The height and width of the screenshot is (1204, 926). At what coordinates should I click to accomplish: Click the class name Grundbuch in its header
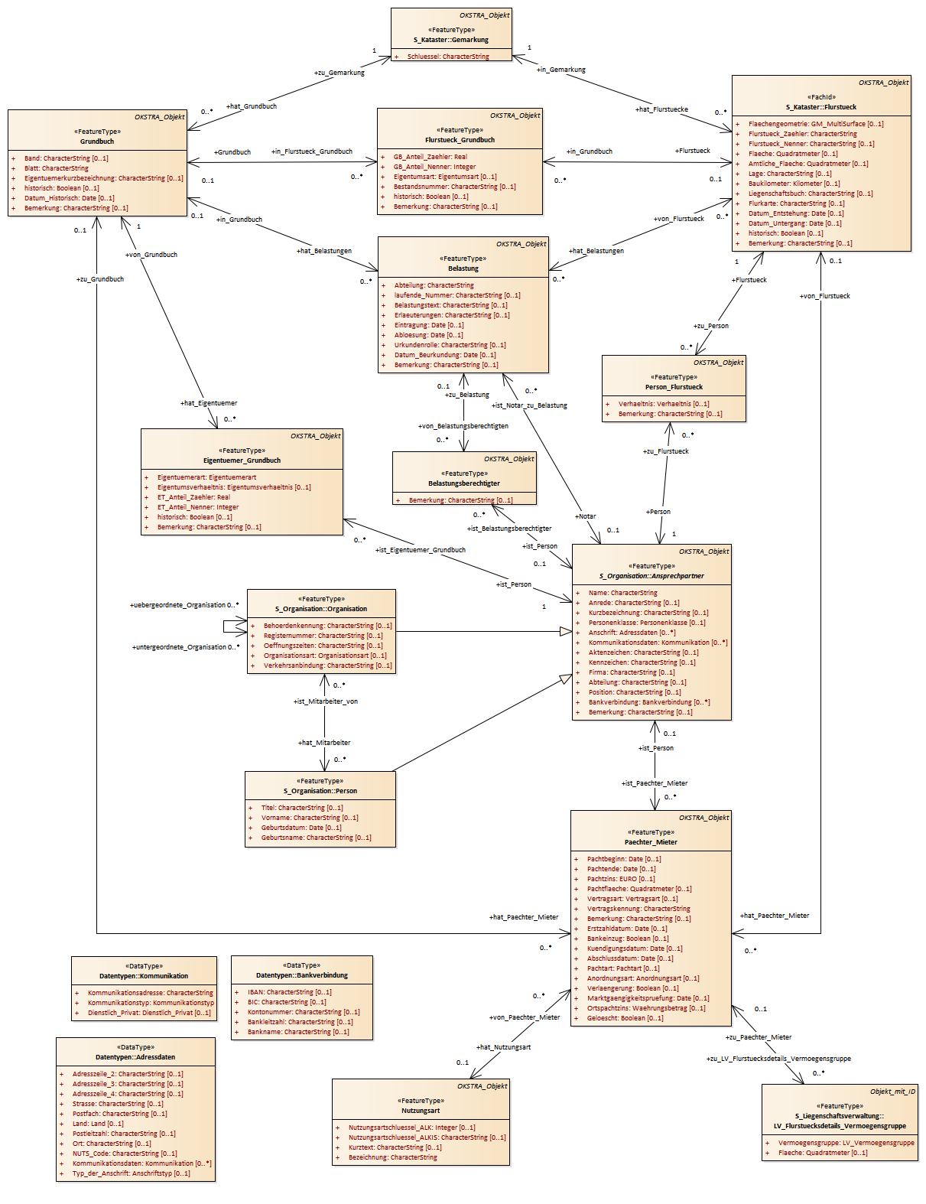[97, 142]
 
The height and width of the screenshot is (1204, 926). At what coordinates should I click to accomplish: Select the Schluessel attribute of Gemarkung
[448, 57]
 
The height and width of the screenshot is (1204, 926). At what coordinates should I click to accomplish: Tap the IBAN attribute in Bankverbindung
[289, 992]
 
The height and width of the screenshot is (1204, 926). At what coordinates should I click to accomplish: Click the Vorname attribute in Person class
[309, 818]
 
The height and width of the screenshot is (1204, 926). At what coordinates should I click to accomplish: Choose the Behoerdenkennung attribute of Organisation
[327, 626]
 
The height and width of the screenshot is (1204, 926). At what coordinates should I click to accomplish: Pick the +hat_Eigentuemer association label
[209, 403]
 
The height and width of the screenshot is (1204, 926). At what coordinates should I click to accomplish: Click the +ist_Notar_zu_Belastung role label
[530, 405]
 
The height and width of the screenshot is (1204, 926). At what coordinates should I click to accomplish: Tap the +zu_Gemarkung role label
[339, 73]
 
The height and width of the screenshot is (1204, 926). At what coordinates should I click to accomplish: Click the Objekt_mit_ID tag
[892, 1092]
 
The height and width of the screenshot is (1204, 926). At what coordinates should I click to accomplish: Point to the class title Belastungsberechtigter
[464, 483]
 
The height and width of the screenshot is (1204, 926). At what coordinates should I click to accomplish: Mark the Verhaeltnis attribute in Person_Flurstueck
[663, 404]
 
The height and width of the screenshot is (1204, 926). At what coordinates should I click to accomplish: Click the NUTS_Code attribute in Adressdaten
[124, 1154]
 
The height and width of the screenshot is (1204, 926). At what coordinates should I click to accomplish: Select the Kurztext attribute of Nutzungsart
[395, 1147]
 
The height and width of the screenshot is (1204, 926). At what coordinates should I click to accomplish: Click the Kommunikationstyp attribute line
[151, 1003]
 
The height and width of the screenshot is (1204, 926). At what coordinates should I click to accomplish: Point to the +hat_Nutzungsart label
[503, 1047]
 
